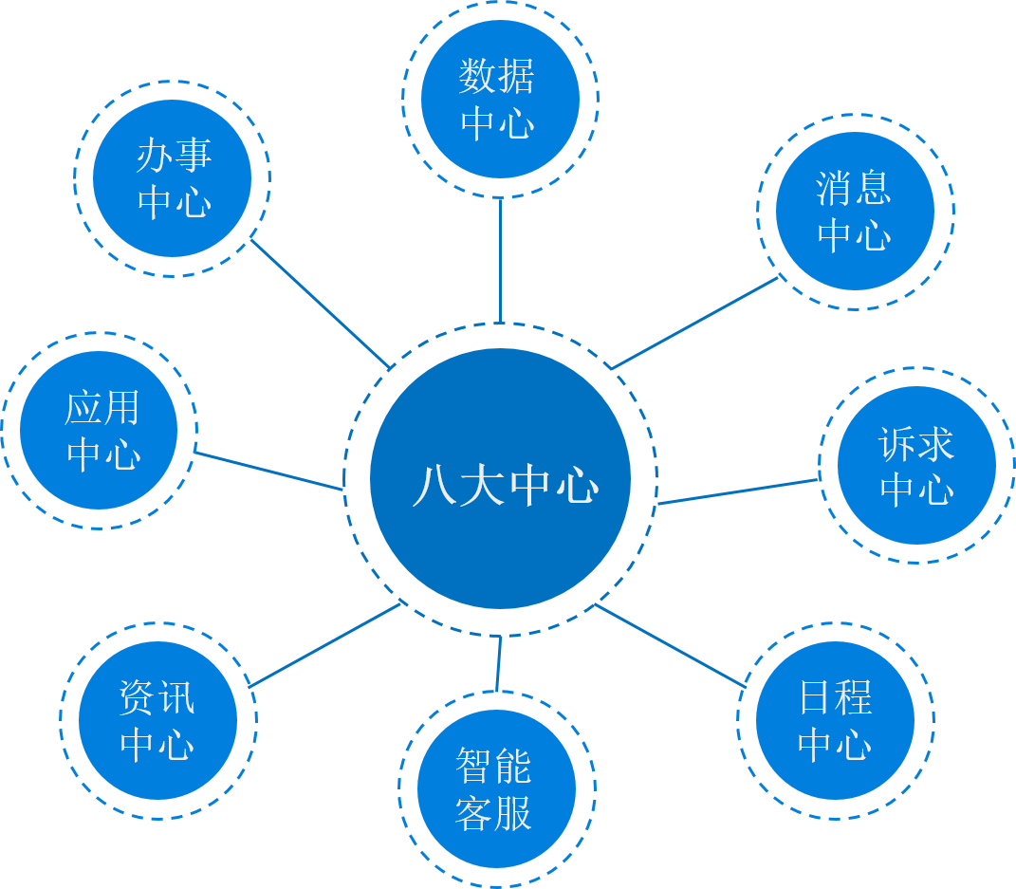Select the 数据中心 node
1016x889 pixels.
(500, 99)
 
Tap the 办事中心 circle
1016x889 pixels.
(173, 178)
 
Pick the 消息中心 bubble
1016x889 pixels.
(855, 211)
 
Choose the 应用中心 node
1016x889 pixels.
(100, 431)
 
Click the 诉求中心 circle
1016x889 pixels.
(916, 465)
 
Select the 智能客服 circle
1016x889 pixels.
(496, 788)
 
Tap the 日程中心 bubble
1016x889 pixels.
(835, 720)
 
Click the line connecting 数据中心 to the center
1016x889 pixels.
(500, 261)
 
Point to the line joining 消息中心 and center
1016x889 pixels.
(695, 323)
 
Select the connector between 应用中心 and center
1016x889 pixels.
(269, 471)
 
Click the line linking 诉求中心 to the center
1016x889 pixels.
(738, 491)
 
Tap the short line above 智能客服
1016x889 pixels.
(498, 664)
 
